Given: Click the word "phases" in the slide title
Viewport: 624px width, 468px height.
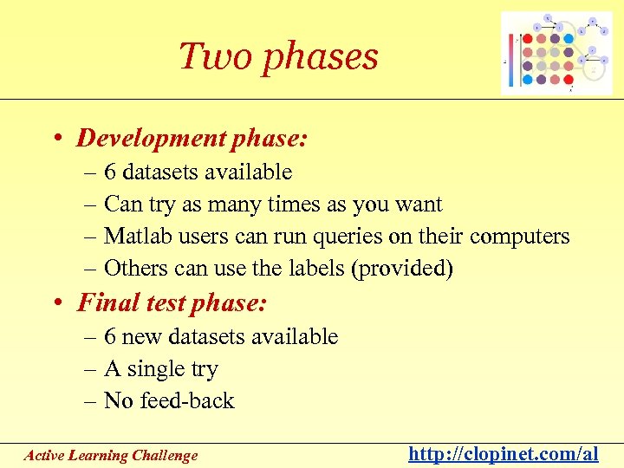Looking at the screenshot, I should [320, 57].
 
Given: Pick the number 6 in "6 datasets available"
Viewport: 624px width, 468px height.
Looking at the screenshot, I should [110, 172].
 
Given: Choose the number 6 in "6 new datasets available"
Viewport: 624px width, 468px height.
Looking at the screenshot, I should [110, 336].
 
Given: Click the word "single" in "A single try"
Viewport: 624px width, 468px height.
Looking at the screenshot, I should [156, 369].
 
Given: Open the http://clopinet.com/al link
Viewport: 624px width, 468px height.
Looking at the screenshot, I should [504, 454].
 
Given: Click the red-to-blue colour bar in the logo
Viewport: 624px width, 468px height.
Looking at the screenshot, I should [512, 61].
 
